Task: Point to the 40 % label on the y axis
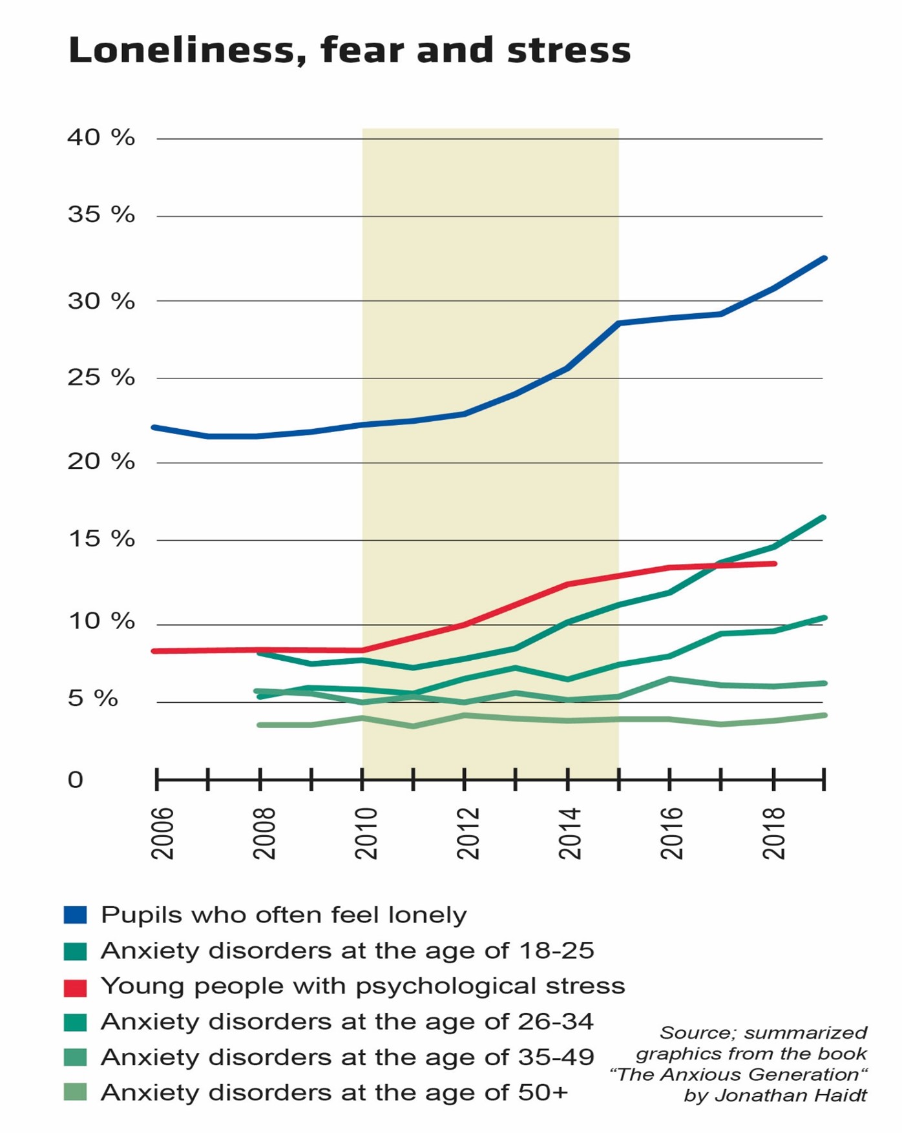point(101,138)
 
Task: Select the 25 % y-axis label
point(101,378)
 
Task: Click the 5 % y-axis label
point(93,698)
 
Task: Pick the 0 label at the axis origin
point(76,780)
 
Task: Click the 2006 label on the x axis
point(163,833)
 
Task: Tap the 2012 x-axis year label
point(468,833)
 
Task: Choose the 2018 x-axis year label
point(773,833)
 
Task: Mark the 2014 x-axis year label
point(570,833)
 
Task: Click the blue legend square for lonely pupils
point(76,915)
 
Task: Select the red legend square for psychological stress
point(76,987)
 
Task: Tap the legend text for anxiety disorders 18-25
point(347,951)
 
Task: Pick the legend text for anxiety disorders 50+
point(334,1093)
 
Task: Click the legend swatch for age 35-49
point(76,1057)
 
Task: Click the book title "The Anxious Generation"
point(738,1075)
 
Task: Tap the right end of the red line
point(775,564)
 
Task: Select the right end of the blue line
point(824,258)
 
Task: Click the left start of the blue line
point(154,428)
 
